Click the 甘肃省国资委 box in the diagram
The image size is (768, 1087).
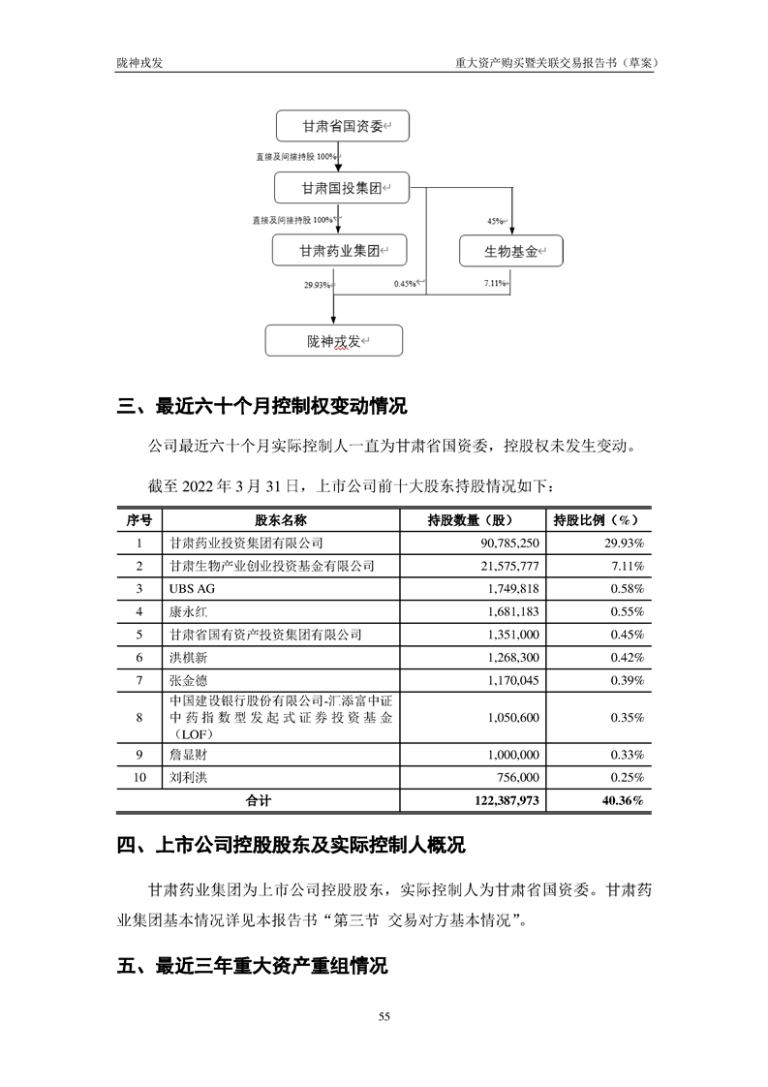point(339,127)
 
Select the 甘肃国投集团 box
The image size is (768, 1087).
point(339,187)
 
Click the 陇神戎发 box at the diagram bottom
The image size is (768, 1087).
point(334,341)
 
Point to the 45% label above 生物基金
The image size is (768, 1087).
point(495,222)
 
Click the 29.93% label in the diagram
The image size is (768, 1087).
point(317,285)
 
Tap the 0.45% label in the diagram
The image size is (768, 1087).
point(405,284)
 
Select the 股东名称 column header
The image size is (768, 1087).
point(280,518)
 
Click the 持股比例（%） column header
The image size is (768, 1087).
point(597,518)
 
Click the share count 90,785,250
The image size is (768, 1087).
point(509,543)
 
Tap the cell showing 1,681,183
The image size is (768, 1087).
point(509,611)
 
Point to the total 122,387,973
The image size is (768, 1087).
point(502,801)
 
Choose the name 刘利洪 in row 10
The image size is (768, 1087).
point(186,778)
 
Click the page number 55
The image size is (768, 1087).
point(384,1016)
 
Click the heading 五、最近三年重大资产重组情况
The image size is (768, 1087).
point(252,967)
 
